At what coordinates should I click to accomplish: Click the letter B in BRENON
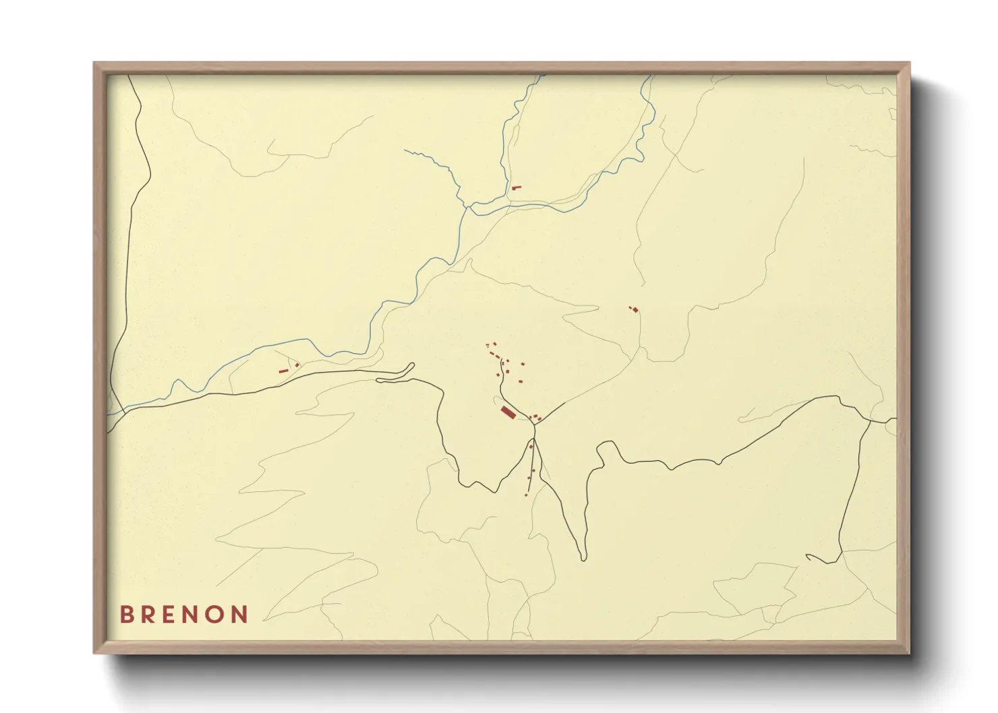(x=126, y=615)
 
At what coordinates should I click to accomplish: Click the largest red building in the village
(x=508, y=412)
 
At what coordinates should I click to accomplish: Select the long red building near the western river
(x=283, y=370)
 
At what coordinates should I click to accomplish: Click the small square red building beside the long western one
(x=297, y=365)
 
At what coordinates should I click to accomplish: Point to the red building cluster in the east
(x=634, y=309)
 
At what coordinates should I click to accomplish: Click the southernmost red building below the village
(x=526, y=494)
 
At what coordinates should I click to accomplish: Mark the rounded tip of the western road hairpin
(x=411, y=366)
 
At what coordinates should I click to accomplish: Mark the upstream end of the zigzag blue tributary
(x=405, y=150)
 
